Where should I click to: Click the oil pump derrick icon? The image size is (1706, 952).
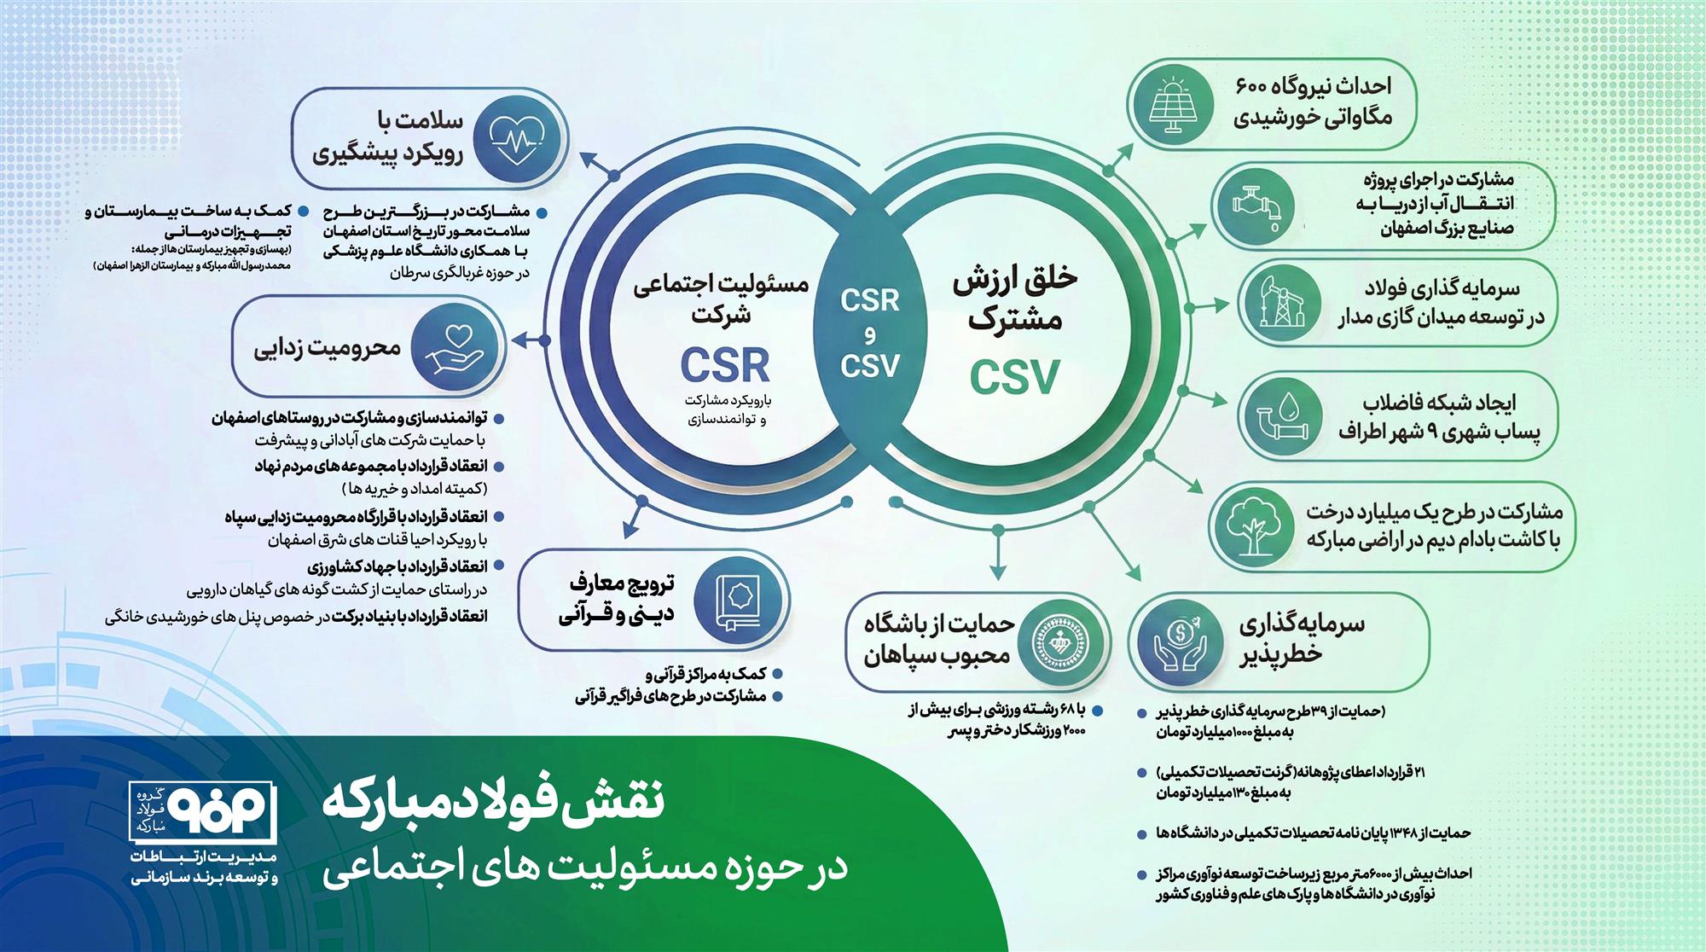1277,303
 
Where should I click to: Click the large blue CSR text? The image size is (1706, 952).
725,365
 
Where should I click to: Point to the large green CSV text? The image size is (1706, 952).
1014,376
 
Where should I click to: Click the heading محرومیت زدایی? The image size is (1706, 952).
328,348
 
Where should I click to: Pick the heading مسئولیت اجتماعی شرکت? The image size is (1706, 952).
721,299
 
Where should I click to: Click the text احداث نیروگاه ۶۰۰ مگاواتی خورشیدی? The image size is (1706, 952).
1313,102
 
